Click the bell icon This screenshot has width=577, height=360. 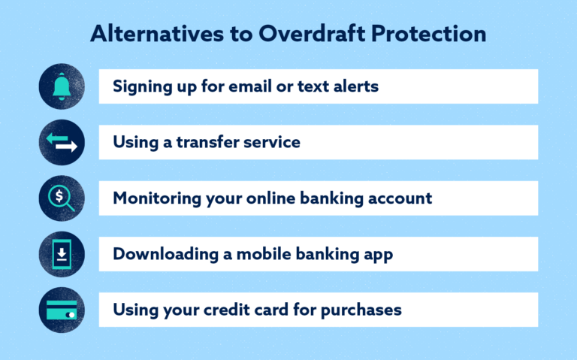(x=62, y=86)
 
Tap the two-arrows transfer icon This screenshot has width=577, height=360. (x=62, y=143)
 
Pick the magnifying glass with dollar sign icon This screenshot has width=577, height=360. (x=62, y=198)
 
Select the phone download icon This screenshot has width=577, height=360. (x=62, y=254)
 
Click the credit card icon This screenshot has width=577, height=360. (x=62, y=310)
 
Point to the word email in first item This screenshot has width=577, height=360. (x=251, y=86)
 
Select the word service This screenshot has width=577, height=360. (x=273, y=143)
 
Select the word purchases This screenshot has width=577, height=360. (x=364, y=310)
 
